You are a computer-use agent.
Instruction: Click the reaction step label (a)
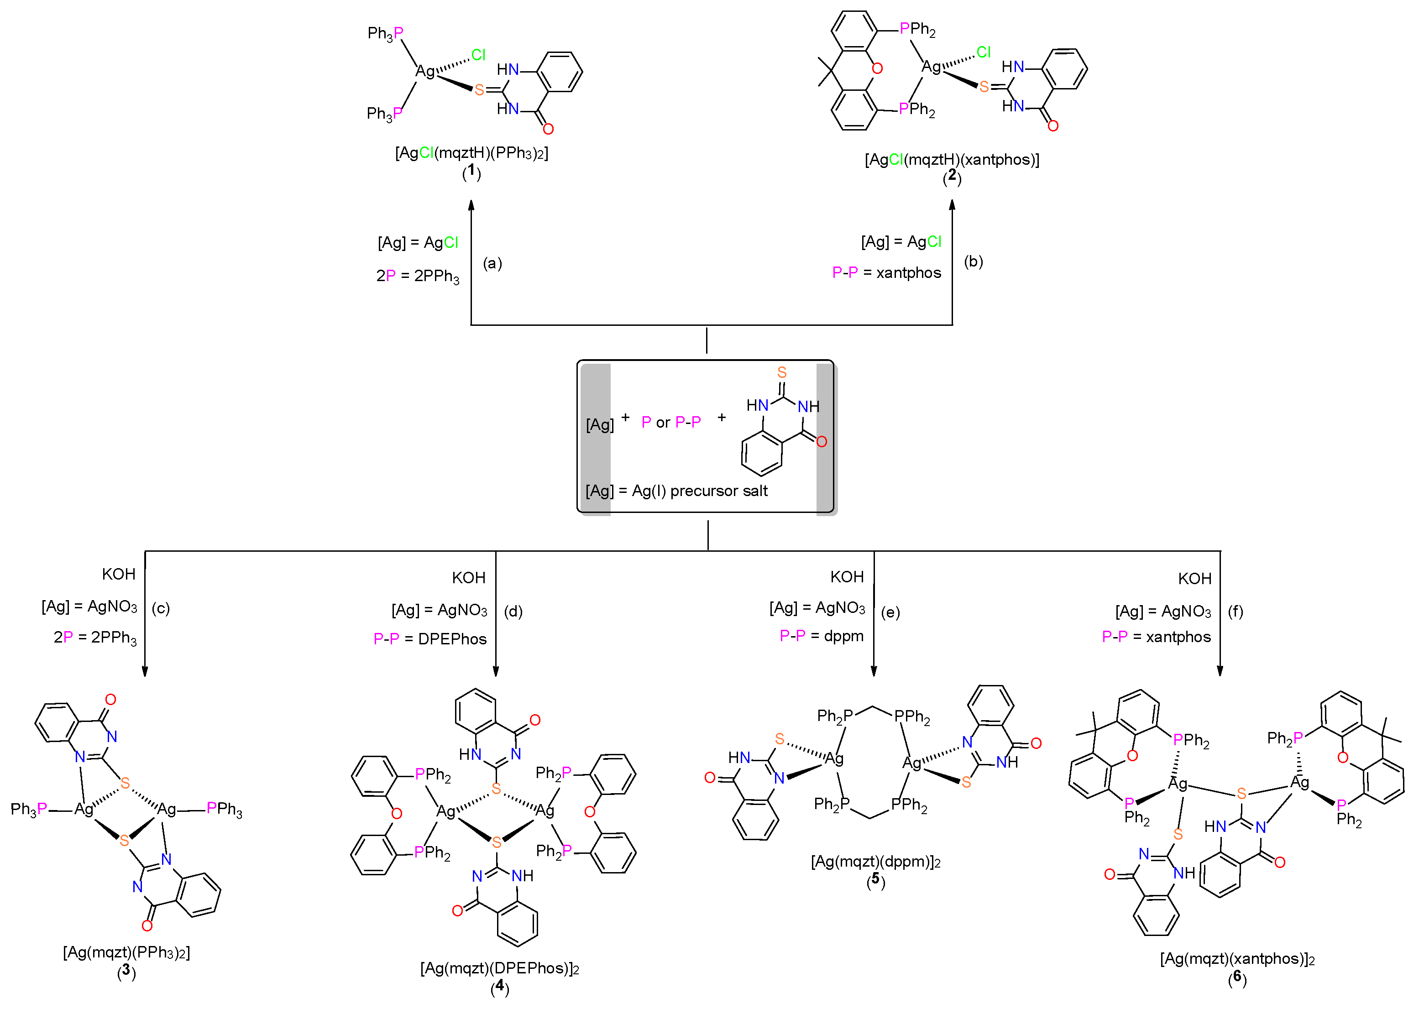(x=492, y=263)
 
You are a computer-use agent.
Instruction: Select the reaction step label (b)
(x=973, y=261)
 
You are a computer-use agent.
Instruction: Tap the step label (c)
(x=160, y=608)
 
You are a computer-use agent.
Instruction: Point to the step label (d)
(x=513, y=612)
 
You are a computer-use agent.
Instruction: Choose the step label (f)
(x=1235, y=612)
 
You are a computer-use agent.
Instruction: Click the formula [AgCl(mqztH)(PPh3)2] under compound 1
(x=471, y=153)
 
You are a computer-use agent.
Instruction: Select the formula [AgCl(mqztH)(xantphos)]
(x=951, y=160)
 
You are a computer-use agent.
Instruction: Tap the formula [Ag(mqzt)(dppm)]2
(x=875, y=862)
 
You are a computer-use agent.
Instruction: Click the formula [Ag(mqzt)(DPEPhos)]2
(x=499, y=968)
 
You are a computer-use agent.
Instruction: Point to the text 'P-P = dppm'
(x=822, y=636)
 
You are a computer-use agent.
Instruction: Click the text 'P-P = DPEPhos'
(x=430, y=639)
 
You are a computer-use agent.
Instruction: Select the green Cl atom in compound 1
(x=478, y=55)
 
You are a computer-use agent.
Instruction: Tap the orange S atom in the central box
(x=781, y=372)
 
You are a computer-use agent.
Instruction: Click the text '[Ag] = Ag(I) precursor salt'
(x=676, y=491)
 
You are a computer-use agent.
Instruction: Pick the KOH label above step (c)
(x=119, y=574)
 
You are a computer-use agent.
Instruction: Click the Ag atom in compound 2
(x=931, y=67)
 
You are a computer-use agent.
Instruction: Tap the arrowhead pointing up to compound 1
(x=471, y=205)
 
